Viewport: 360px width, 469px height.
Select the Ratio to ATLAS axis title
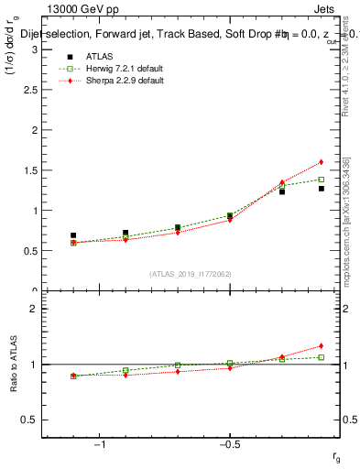click(x=14, y=364)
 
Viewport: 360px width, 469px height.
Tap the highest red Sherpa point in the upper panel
click(x=322, y=162)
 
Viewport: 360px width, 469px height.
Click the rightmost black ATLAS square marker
click(x=322, y=189)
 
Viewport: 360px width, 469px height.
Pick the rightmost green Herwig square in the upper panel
click(x=322, y=180)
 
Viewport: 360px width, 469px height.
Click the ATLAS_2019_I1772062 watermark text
click(x=191, y=274)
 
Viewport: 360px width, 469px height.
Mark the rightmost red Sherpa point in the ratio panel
click(x=322, y=346)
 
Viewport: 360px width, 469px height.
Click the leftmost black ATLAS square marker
click(x=73, y=235)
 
